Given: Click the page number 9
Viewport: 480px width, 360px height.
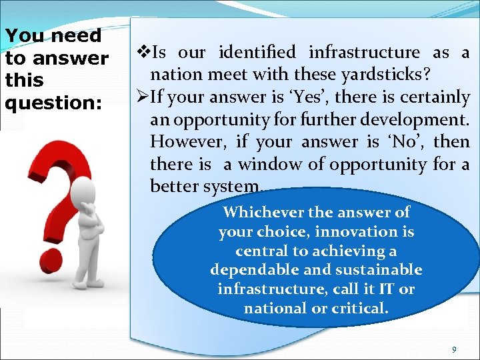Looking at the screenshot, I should point(454,350).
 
